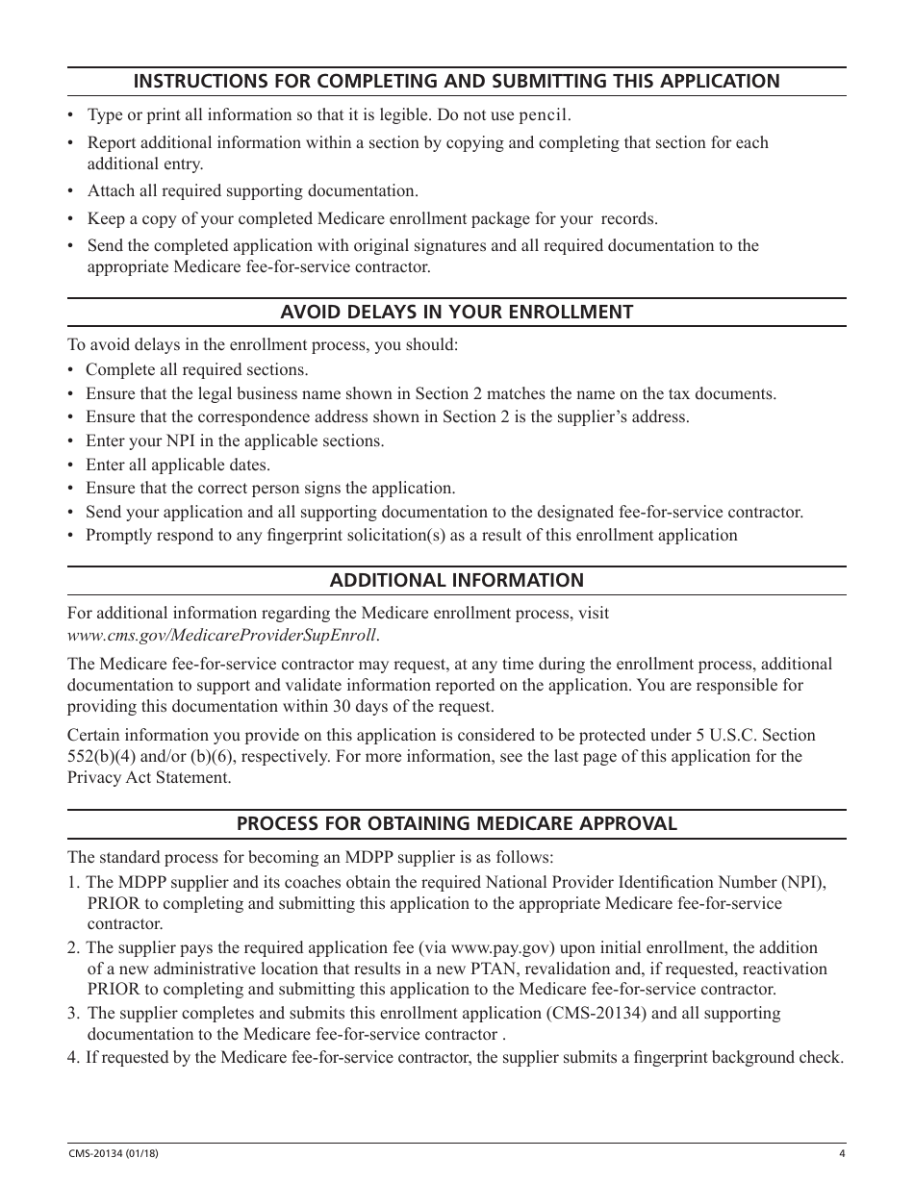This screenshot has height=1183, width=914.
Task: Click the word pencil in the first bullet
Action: pyautogui.click(x=545, y=115)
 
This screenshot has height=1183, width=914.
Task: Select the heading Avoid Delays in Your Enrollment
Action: pyautogui.click(x=456, y=312)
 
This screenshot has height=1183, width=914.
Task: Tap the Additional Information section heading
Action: pyautogui.click(x=456, y=580)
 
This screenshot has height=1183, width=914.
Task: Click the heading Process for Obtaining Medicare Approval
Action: pyautogui.click(x=456, y=823)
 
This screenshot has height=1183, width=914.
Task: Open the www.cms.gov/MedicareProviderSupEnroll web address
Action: pyautogui.click(x=222, y=635)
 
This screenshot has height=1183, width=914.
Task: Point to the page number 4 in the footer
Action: pyautogui.click(x=841, y=1154)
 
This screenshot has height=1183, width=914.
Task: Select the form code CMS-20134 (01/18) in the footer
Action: pyautogui.click(x=107, y=1154)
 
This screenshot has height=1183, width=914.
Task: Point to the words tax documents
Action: pyautogui.click(x=723, y=393)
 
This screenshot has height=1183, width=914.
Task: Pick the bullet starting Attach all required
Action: pyautogui.click(x=252, y=190)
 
